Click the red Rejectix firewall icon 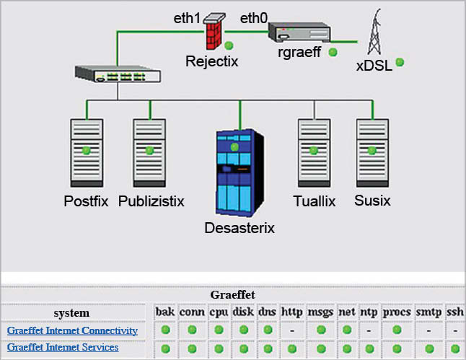pyautogui.click(x=214, y=31)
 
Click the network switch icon pyautogui.click(x=118, y=73)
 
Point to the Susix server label pyautogui.click(x=372, y=201)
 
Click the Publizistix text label pyautogui.click(x=151, y=201)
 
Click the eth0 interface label pyautogui.click(x=254, y=18)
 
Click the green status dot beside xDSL pyautogui.click(x=399, y=62)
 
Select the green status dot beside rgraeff pyautogui.click(x=333, y=52)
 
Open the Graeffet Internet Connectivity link pyautogui.click(x=72, y=330)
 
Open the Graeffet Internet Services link pyautogui.click(x=63, y=348)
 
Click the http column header pyautogui.click(x=292, y=312)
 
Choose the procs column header pyautogui.click(x=396, y=312)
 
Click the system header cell pyautogui.click(x=71, y=313)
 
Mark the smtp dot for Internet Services pyautogui.click(x=429, y=348)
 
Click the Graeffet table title pyautogui.click(x=232, y=294)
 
